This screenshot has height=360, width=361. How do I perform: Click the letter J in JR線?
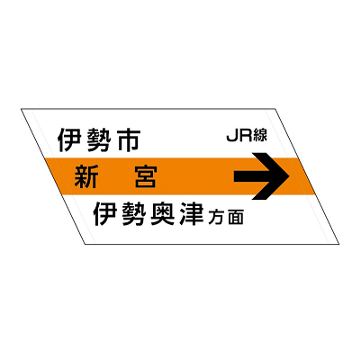(x=232, y=135)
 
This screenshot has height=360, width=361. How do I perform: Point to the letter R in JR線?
(x=245, y=135)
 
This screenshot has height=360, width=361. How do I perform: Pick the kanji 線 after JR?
(x=260, y=135)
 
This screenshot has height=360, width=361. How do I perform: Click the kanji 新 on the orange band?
(x=86, y=176)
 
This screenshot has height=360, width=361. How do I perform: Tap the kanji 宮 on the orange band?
(x=146, y=176)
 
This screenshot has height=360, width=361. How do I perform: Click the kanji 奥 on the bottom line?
(x=163, y=214)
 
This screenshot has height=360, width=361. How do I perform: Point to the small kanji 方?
(x=216, y=217)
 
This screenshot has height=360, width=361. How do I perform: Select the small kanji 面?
(x=236, y=217)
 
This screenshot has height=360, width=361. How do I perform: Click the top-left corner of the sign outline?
(x=21, y=109)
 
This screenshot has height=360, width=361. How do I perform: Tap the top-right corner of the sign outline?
(x=275, y=109)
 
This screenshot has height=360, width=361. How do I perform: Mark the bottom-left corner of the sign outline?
(x=86, y=244)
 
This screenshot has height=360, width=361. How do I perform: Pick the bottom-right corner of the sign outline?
(x=339, y=244)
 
